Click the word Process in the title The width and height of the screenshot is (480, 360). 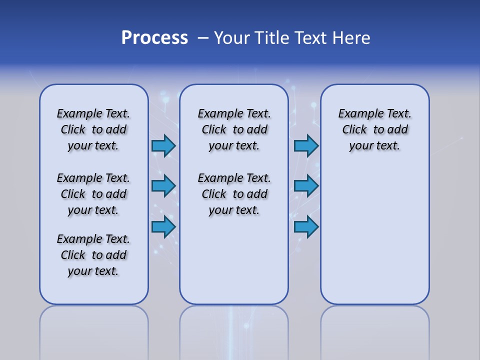coord(154,38)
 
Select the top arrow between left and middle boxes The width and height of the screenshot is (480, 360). coord(163,146)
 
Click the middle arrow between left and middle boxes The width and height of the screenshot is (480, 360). coord(163,186)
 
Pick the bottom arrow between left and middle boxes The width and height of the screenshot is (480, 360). coord(163,227)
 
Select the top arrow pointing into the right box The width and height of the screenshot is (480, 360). coord(306,146)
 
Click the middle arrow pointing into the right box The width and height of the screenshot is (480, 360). coord(306,186)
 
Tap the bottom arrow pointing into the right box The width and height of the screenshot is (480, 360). coord(306,227)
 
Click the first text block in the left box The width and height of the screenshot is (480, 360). coord(93,129)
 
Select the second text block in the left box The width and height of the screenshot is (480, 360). coord(93,194)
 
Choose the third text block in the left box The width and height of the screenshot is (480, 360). coord(93,255)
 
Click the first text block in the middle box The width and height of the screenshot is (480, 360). coord(234,129)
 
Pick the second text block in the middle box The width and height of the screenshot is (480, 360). coord(234,194)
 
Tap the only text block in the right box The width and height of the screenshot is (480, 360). coord(375,129)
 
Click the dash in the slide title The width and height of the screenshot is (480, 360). coord(203,38)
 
